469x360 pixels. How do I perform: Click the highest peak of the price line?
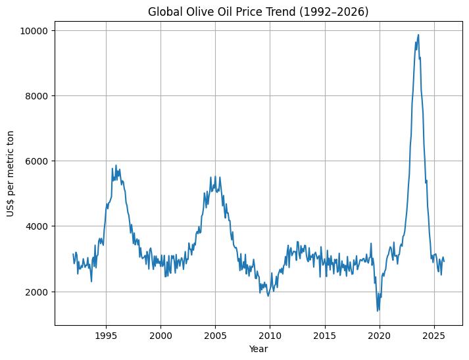coord(418,35)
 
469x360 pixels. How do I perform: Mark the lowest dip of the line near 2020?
coord(378,311)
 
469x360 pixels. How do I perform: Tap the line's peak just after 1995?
coord(116,166)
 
